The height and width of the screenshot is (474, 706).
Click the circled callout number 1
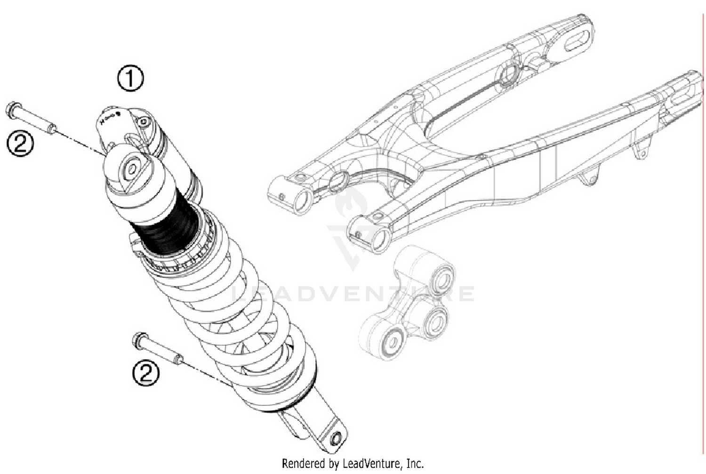(x=130, y=79)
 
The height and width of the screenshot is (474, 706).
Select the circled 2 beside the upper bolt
(x=20, y=143)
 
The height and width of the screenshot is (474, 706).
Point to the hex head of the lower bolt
(x=140, y=339)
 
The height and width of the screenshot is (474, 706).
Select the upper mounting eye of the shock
(x=132, y=169)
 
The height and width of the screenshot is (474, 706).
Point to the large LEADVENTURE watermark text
(x=353, y=294)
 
